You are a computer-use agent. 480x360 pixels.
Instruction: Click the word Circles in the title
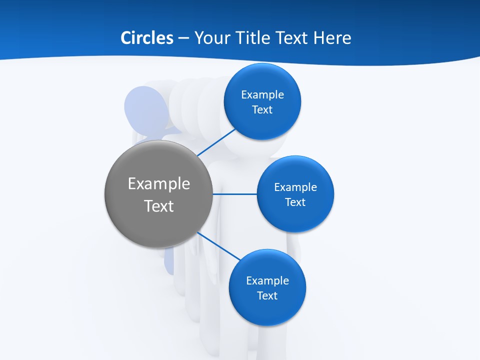(x=146, y=37)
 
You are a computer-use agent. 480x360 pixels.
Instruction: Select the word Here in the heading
(x=332, y=37)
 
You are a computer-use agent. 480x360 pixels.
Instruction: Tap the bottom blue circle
(x=267, y=310)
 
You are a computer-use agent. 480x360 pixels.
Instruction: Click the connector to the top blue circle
(x=216, y=142)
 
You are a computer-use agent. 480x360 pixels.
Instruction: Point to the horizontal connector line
(x=235, y=194)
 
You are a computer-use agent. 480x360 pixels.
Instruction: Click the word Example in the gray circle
(x=159, y=183)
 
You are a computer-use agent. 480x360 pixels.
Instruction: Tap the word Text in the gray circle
(x=159, y=205)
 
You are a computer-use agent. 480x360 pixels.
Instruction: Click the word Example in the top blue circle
(x=262, y=94)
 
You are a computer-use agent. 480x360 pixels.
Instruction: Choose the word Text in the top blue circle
(x=262, y=109)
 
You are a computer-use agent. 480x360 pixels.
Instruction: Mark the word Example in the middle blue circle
(x=295, y=187)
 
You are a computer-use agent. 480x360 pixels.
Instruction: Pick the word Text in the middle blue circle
(x=295, y=202)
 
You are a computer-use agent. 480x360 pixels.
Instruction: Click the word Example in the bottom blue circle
(x=267, y=280)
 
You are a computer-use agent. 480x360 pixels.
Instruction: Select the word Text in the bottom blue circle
(x=267, y=295)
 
